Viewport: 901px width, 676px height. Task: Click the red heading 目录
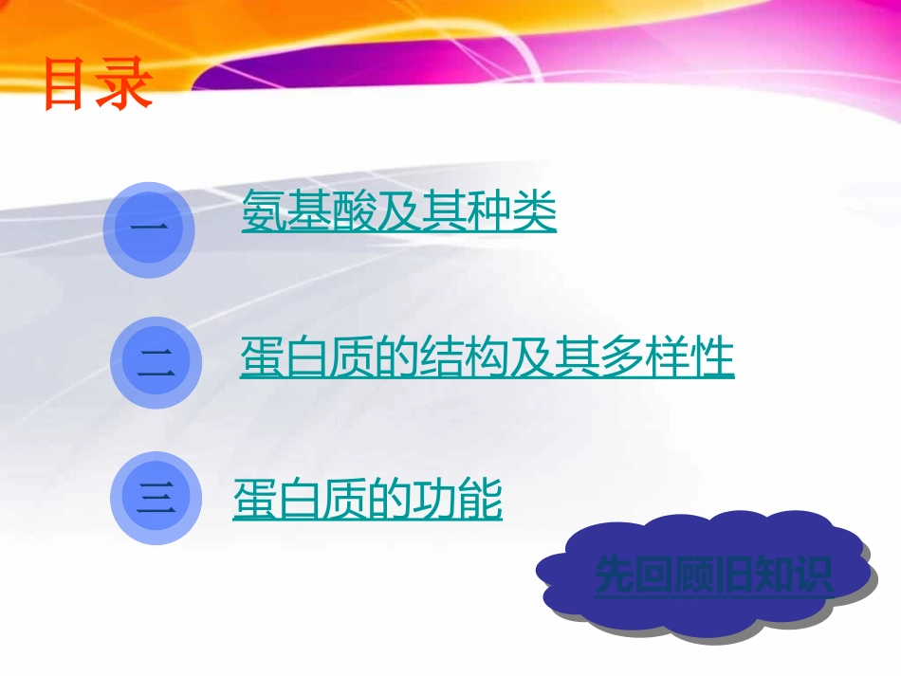(98, 85)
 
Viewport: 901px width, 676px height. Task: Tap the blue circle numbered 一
(149, 228)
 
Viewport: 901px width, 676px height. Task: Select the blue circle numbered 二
(156, 363)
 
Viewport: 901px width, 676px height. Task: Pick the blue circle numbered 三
(156, 499)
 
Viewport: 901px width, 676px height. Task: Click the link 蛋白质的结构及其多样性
(487, 358)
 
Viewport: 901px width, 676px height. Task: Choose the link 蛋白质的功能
(367, 500)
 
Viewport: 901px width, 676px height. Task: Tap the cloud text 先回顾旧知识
(714, 575)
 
